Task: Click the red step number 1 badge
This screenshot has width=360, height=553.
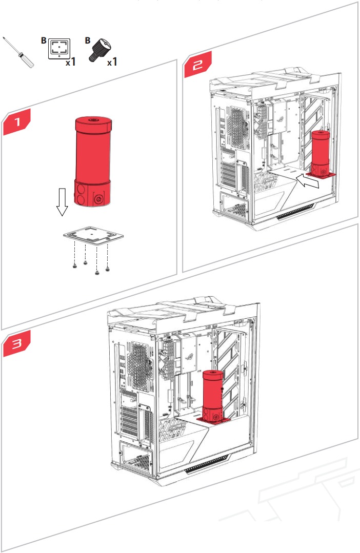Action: pos(16,123)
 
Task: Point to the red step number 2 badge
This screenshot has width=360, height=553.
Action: pos(197,66)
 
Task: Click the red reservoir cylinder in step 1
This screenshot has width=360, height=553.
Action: pos(93,154)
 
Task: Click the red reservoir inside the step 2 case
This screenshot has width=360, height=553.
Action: pos(321,151)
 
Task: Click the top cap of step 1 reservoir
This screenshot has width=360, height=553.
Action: pos(93,124)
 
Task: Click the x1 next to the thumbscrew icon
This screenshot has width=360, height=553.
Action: pos(112,63)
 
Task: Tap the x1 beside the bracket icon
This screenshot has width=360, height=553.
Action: pos(71,63)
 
